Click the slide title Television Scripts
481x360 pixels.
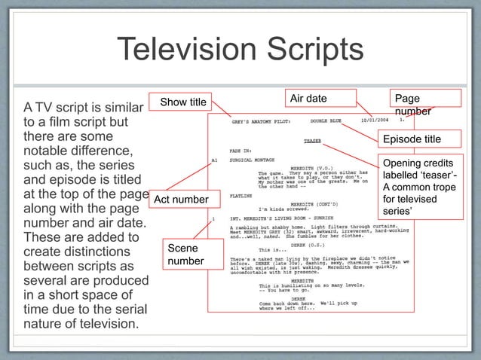click(240, 51)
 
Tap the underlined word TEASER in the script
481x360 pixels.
click(312, 141)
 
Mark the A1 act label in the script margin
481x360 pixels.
click(215, 159)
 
